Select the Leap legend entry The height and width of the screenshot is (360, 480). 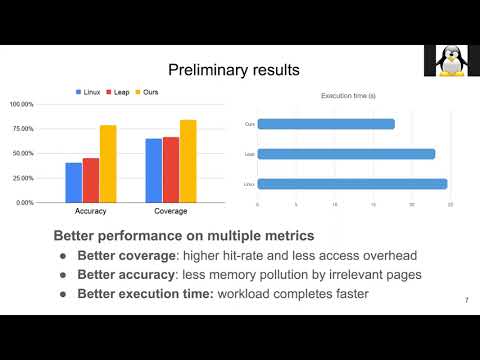121,92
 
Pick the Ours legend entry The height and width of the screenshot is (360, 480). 149,92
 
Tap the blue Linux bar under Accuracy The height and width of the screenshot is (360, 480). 73,182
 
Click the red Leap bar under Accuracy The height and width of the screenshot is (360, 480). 91,180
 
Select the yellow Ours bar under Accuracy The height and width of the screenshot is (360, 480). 108,163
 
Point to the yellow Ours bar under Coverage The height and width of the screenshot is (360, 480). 188,161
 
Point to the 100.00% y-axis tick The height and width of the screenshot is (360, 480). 22,104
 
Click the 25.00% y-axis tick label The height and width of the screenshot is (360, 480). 24,178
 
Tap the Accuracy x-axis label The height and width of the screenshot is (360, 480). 91,212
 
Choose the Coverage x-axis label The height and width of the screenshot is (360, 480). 171,212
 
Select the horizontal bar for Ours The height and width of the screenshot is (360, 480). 326,124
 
